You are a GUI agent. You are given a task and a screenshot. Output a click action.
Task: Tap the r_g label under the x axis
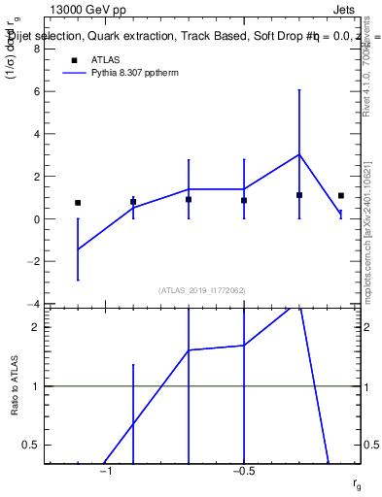[358, 483]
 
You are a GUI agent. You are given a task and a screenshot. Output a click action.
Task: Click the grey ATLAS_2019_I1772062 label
[202, 290]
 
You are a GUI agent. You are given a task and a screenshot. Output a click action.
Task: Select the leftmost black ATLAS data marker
[78, 203]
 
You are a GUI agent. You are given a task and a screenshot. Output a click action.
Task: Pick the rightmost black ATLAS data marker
[341, 196]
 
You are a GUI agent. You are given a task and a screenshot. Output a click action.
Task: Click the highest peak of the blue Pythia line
[299, 154]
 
